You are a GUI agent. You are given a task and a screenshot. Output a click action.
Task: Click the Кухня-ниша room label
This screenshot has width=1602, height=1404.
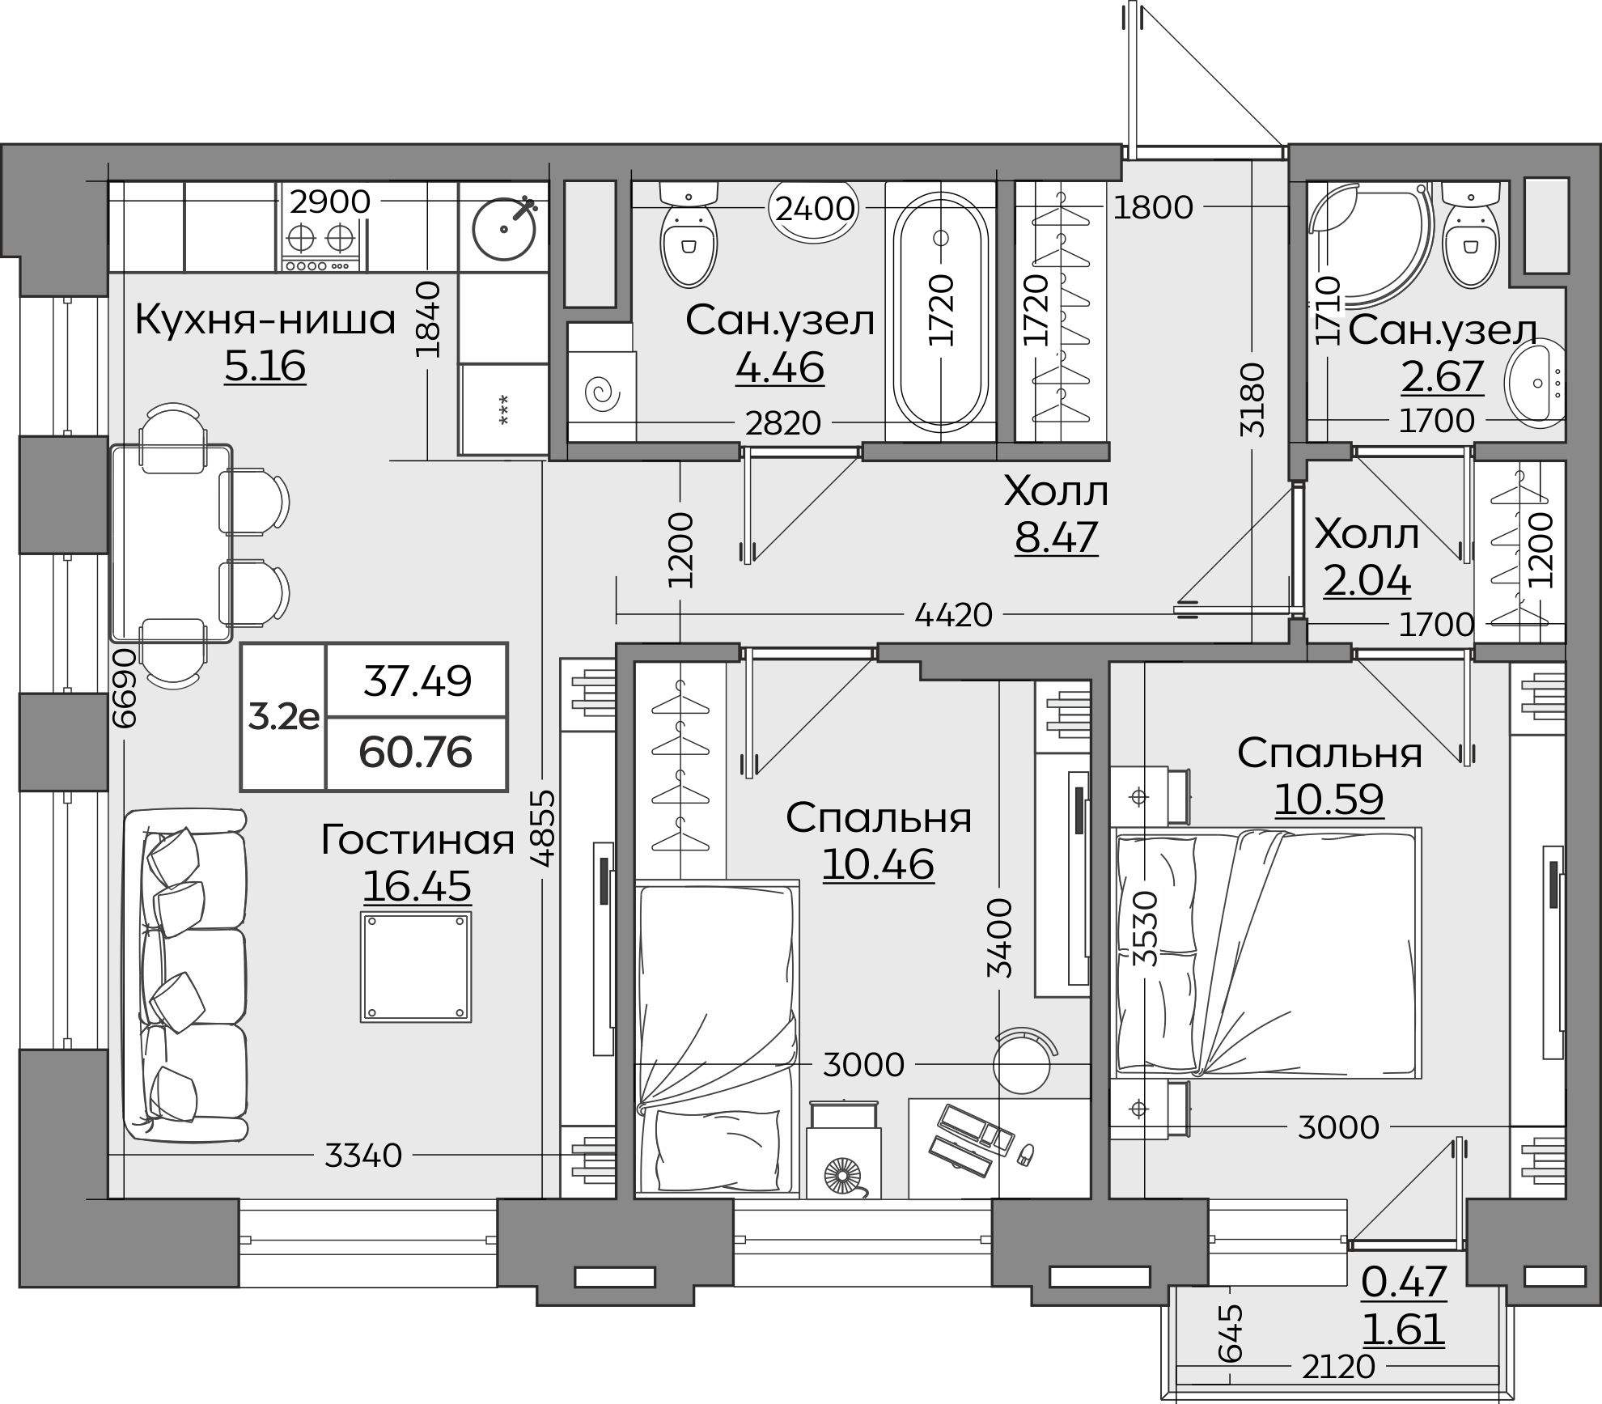point(265,320)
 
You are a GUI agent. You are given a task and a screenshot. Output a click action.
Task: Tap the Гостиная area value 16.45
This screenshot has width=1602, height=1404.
point(417,885)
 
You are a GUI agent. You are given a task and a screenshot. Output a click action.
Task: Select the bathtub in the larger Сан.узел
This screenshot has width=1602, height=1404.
point(940,312)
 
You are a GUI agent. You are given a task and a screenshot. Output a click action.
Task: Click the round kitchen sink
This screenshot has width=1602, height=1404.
point(504,227)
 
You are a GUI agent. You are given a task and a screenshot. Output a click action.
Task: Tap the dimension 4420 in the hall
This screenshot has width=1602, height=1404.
point(953,615)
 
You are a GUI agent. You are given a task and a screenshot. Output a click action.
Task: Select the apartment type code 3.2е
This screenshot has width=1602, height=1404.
point(283,717)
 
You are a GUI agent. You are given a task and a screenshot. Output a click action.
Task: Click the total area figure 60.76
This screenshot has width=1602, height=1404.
point(416,753)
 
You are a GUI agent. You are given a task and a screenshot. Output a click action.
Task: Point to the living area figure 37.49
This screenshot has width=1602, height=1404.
point(417,681)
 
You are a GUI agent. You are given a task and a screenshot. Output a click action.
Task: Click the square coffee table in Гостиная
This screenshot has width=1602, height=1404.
point(416,967)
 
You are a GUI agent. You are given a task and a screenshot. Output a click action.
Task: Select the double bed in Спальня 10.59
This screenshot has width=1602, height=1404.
point(1266,952)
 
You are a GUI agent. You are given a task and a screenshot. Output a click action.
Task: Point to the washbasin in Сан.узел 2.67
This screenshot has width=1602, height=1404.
point(1535,385)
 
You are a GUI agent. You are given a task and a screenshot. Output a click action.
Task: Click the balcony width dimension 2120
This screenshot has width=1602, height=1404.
point(1338,1367)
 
